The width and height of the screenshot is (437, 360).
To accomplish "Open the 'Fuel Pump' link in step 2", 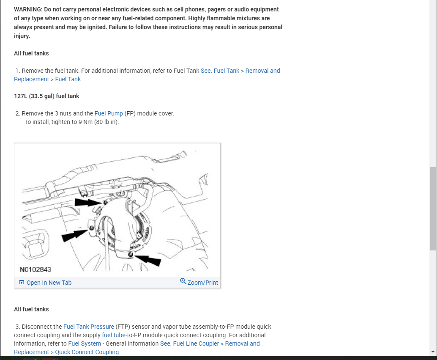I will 109,113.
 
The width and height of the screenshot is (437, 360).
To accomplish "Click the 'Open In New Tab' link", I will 49,283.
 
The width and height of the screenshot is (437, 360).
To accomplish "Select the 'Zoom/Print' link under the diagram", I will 203,283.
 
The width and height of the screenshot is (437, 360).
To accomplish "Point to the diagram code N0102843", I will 36,269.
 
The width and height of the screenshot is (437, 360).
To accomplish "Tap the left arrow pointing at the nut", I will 74,236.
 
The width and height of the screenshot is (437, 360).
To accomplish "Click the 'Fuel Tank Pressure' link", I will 89,327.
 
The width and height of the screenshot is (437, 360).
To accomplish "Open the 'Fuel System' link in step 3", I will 85,344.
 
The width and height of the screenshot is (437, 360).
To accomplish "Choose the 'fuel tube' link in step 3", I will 114,335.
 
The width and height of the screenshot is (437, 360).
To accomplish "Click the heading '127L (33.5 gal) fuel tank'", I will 46,96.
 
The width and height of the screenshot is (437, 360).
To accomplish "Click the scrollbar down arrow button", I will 433,352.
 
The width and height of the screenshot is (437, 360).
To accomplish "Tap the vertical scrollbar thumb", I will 433,208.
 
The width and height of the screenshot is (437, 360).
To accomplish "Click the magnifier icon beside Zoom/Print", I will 183,281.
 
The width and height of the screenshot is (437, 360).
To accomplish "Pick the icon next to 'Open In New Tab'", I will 22,283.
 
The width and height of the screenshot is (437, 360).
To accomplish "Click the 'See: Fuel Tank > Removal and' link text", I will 240,71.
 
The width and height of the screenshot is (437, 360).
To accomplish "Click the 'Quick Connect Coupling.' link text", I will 87,352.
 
